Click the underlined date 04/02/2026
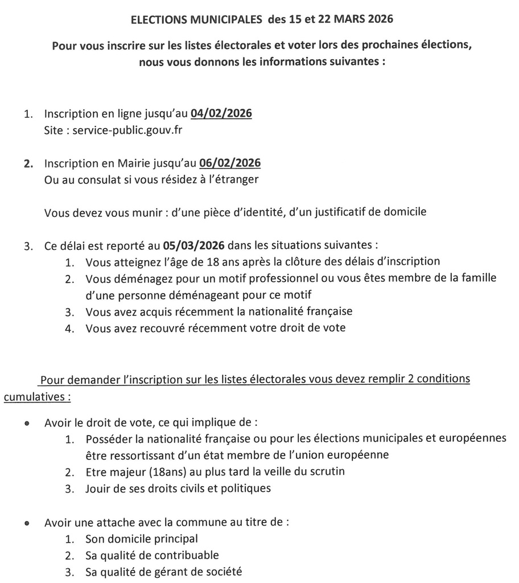[x=221, y=113]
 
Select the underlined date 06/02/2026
[x=230, y=163]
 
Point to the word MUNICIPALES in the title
[x=218, y=19]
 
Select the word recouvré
[x=164, y=328]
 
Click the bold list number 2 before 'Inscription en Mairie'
[x=27, y=164]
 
